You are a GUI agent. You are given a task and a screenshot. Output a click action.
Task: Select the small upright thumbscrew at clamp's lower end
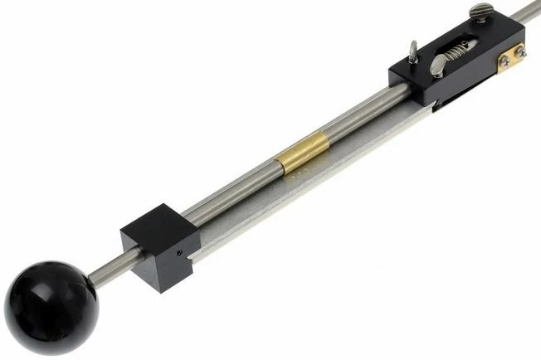pos(412,52)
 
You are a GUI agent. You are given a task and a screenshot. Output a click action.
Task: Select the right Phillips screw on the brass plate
pos(520,53)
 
